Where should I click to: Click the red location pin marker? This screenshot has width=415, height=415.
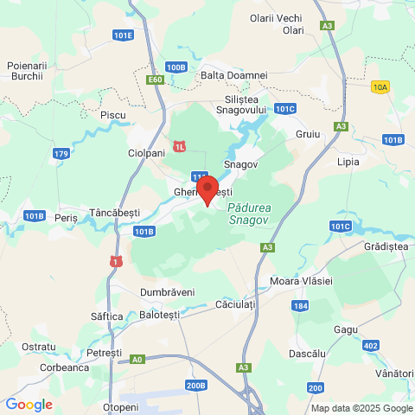click(207, 188)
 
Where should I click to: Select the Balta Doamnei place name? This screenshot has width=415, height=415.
click(233, 75)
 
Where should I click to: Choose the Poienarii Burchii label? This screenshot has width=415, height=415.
click(26, 71)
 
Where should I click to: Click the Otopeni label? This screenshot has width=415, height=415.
click(120, 406)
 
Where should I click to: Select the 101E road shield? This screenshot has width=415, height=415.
click(123, 35)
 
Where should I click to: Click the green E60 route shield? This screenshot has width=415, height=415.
click(155, 80)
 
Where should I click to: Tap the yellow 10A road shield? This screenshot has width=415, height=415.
click(380, 86)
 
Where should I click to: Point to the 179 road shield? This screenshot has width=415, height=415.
click(61, 154)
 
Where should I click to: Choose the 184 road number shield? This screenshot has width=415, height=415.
click(300, 306)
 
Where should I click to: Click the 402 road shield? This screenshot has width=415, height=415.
click(371, 346)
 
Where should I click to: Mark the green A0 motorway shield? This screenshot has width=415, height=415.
click(137, 359)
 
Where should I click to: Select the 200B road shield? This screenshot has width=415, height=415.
click(196, 385)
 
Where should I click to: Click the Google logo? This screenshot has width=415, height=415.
click(29, 404)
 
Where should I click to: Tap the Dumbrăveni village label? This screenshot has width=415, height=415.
click(167, 292)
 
